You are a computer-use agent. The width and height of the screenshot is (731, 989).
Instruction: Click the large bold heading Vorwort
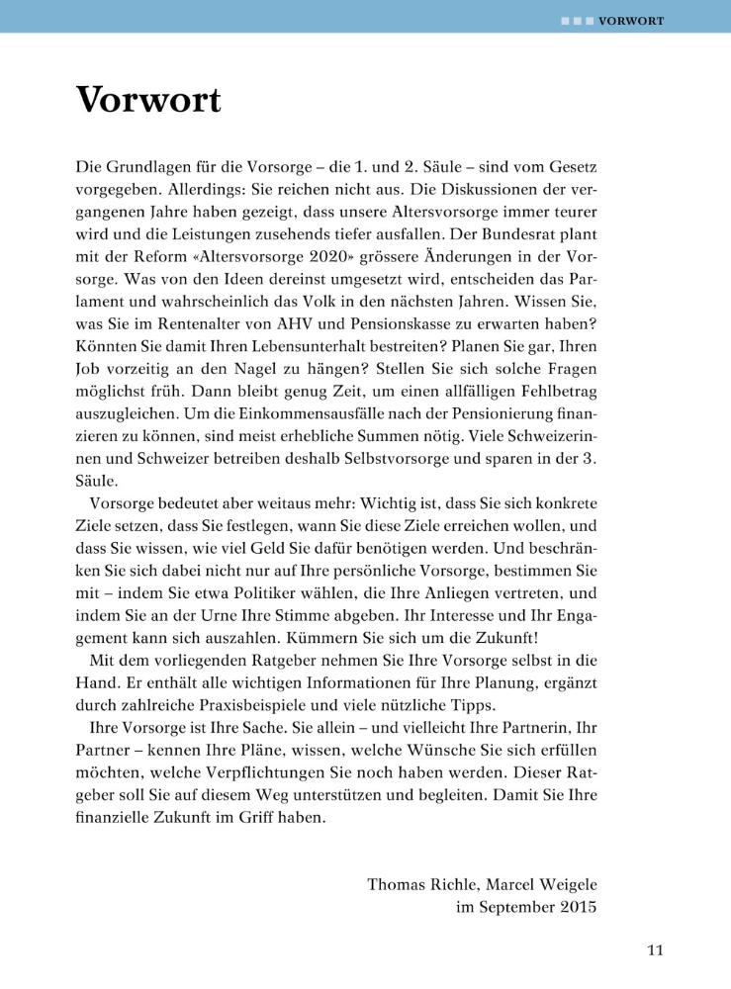coord(148,100)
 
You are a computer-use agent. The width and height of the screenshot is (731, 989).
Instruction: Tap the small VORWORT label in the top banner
coord(631,20)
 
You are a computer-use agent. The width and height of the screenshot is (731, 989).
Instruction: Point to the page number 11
coord(655,950)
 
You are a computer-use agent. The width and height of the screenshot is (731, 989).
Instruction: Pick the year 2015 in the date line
coord(578,907)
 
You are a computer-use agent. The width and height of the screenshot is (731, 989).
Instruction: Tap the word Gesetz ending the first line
coord(571,160)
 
